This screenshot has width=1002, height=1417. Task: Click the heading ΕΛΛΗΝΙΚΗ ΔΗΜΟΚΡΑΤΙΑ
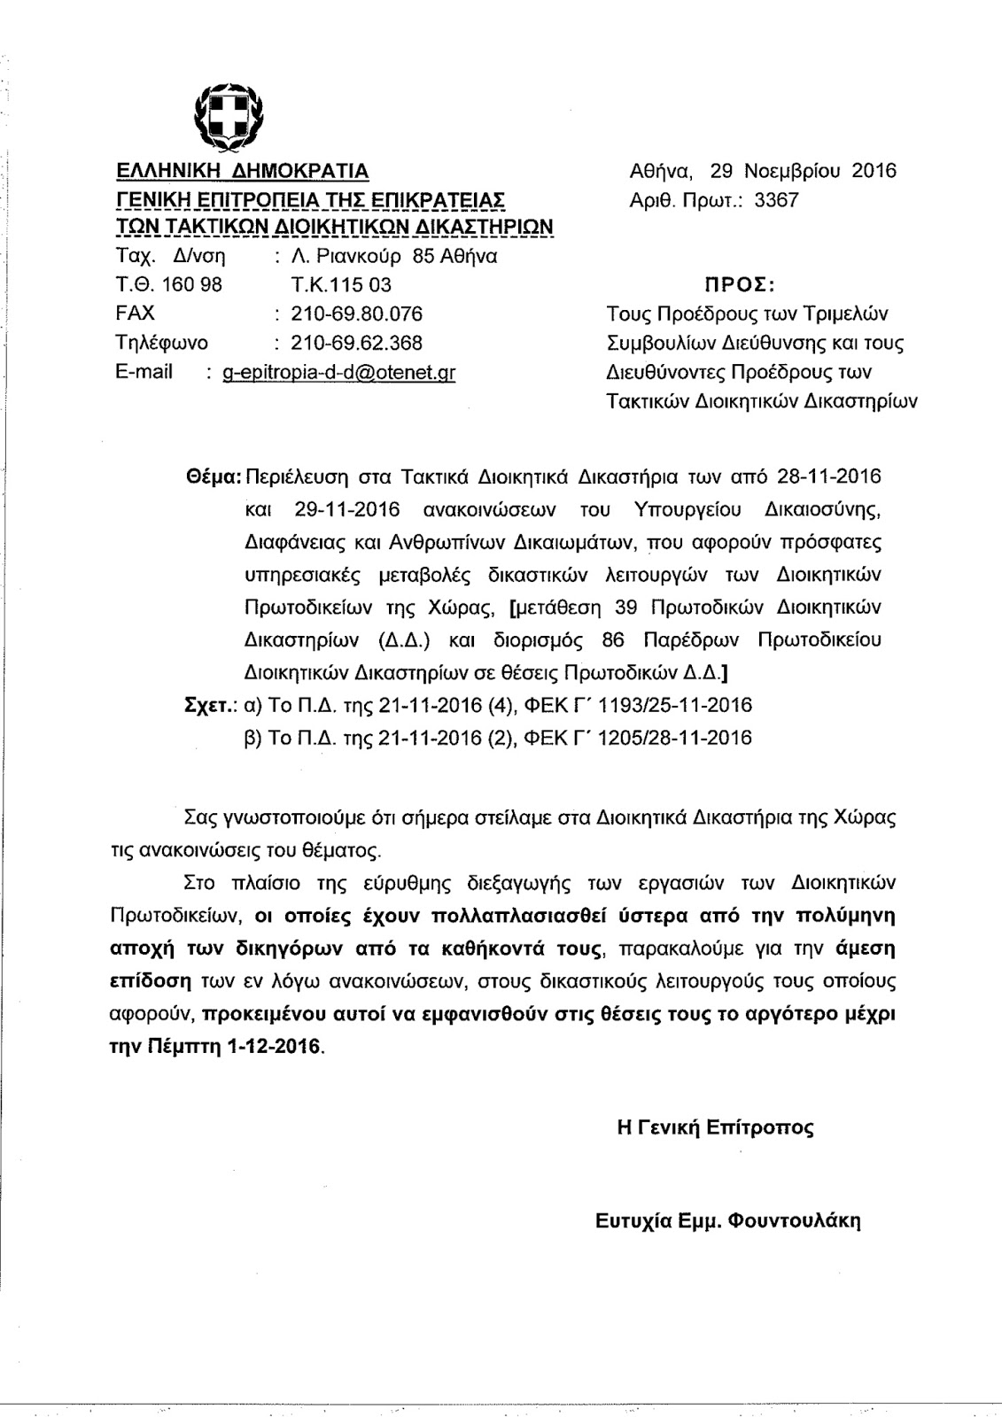(x=243, y=171)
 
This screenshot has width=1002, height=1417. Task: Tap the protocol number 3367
(x=776, y=200)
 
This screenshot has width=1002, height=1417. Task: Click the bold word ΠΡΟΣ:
(x=740, y=286)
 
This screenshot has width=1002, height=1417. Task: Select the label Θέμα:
(x=210, y=476)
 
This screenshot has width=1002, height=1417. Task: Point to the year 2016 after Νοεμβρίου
(x=874, y=171)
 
